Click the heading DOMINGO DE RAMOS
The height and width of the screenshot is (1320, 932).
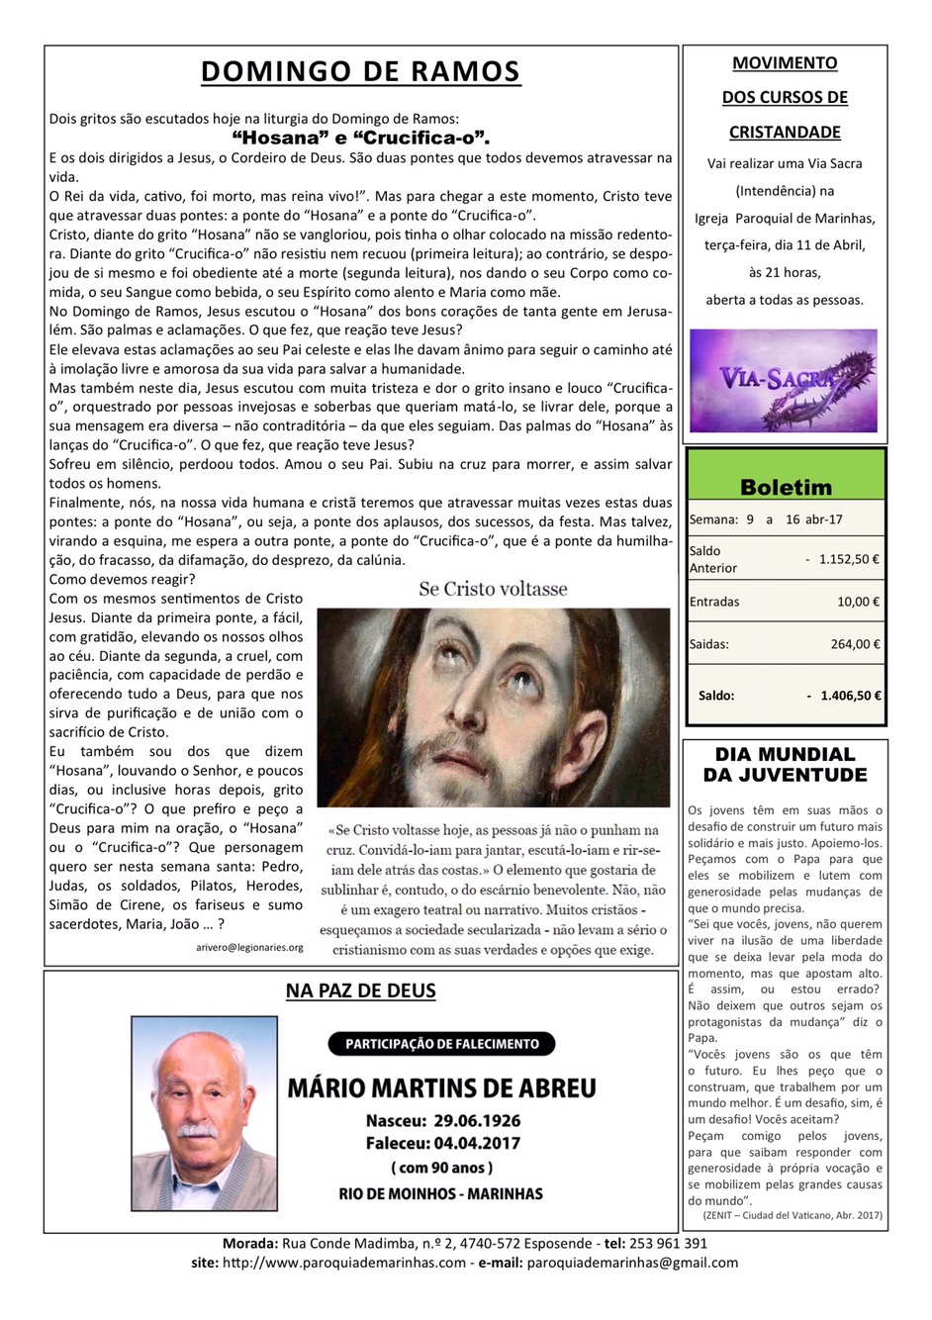pyautogui.click(x=360, y=72)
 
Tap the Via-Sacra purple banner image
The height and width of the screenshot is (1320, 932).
pyautogui.click(x=784, y=380)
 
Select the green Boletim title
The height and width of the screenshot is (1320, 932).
pyautogui.click(x=786, y=487)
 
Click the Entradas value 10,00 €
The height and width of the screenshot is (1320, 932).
pyautogui.click(x=858, y=602)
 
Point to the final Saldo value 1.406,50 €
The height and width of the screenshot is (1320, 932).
pyautogui.click(x=850, y=696)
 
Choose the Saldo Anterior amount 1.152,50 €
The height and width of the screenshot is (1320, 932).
pyautogui.click(x=848, y=559)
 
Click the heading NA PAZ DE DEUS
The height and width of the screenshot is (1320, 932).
pyautogui.click(x=360, y=990)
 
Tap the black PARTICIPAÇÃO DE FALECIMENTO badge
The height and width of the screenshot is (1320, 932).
pyautogui.click(x=441, y=1043)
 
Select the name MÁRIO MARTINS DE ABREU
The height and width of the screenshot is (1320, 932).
pyautogui.click(x=441, y=1088)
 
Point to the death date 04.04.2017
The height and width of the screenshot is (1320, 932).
pyautogui.click(x=476, y=1143)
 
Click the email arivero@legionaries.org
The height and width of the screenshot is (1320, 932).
pyautogui.click(x=249, y=947)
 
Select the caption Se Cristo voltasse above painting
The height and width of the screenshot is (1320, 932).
pyautogui.click(x=493, y=589)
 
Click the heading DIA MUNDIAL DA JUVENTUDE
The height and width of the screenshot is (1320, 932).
pyautogui.click(x=785, y=765)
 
